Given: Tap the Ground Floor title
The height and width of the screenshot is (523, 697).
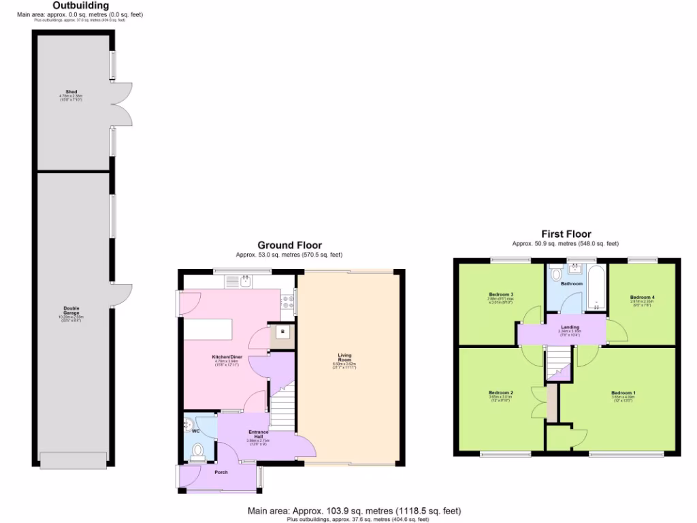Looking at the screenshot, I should (x=289, y=245).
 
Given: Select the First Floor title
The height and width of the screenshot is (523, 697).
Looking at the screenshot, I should (x=566, y=234).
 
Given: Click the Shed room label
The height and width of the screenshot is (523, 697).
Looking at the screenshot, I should (x=71, y=91).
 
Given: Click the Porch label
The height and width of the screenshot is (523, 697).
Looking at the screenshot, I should (x=221, y=472).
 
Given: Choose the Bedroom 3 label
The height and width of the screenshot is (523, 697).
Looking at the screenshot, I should (x=500, y=294).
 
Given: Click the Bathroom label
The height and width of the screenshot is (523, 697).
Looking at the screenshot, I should (x=572, y=283).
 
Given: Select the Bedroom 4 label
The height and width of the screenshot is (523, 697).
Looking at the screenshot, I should (x=642, y=297).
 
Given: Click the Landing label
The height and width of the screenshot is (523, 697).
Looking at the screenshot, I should (x=569, y=328).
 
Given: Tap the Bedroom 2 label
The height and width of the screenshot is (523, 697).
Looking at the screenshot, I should (x=501, y=392).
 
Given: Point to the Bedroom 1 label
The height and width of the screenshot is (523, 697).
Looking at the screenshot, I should (x=623, y=393).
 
